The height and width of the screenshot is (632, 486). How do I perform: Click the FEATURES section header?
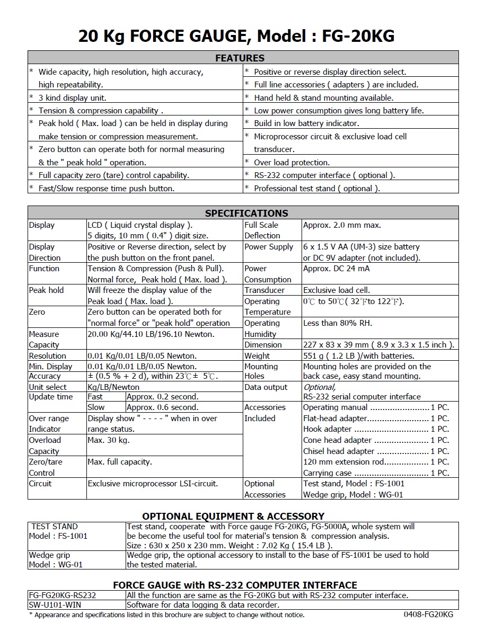click(240, 58)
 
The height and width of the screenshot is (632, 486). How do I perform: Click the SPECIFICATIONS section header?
click(246, 213)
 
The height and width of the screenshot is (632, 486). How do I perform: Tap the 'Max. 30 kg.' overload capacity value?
click(109, 440)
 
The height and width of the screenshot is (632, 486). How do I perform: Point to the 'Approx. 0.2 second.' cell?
click(163, 397)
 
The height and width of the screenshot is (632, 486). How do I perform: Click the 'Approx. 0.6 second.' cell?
click(163, 407)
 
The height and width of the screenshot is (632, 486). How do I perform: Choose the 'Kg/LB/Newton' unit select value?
click(113, 387)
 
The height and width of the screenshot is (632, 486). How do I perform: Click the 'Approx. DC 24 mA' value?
click(337, 269)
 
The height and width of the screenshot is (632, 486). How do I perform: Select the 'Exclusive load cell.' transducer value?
click(337, 290)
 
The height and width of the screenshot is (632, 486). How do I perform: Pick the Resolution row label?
click(48, 356)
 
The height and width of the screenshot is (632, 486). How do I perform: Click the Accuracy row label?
click(45, 376)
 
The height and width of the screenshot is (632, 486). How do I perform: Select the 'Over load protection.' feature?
click(291, 163)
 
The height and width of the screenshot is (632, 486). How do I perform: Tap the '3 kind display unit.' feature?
click(72, 97)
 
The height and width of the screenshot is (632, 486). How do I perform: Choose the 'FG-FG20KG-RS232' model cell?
click(63, 595)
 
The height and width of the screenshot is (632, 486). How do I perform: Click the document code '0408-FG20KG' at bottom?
click(428, 615)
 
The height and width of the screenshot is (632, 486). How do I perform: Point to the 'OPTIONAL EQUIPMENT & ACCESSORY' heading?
click(233, 516)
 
